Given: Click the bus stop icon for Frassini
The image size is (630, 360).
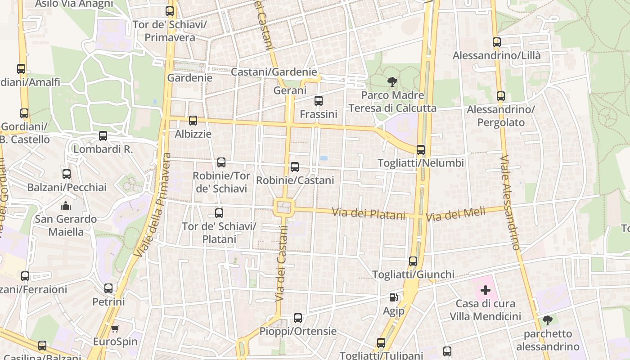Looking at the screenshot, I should (319, 101).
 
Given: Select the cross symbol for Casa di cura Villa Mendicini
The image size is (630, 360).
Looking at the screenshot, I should (486, 290).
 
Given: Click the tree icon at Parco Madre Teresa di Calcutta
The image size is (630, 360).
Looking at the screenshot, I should (392, 82).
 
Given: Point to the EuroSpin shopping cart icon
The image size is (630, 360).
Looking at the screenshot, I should (115, 328).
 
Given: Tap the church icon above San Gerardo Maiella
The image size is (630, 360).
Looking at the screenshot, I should (66, 206).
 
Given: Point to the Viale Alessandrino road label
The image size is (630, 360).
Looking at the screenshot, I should (510, 202).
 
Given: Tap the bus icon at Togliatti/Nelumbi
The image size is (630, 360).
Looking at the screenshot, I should (421, 150).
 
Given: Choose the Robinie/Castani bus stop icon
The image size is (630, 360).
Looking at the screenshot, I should (295, 167).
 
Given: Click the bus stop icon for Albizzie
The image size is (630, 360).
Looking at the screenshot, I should (193, 121).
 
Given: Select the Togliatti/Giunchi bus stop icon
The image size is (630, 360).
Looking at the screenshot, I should (413, 261).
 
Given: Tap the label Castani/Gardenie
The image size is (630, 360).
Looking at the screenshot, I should (274, 72).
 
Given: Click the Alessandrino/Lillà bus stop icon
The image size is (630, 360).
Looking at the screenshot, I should (497, 42).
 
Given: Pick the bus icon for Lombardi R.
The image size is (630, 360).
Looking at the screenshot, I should (103, 136).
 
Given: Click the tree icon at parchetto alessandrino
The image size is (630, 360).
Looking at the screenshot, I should (548, 320).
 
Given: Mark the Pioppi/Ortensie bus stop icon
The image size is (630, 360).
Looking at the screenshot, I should (298, 318).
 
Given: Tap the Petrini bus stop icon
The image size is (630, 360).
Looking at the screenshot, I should (108, 288).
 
